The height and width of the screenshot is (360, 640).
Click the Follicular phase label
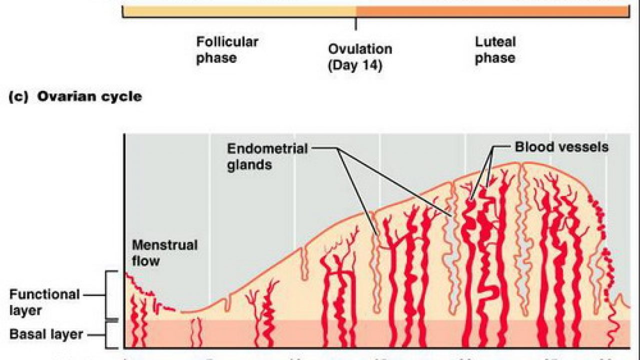pyautogui.click(x=227, y=49)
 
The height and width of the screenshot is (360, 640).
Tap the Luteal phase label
pyautogui.click(x=495, y=49)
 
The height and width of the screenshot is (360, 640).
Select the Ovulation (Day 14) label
pyautogui.click(x=359, y=57)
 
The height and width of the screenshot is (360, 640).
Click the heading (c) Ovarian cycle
pyautogui.click(x=75, y=96)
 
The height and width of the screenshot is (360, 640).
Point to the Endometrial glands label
pyautogui.click(x=267, y=156)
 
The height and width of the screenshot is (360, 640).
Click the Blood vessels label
pyautogui.click(x=561, y=147)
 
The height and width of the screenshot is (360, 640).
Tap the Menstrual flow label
pyautogui.click(x=164, y=252)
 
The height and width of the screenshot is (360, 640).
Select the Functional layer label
pyautogui.click(x=44, y=302)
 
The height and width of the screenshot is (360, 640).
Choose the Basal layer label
pyautogui.click(x=45, y=334)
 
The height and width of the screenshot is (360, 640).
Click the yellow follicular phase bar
pyautogui.click(x=239, y=11)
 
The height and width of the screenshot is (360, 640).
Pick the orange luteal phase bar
pyautogui.click(x=492, y=11)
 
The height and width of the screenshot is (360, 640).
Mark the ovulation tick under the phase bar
pyautogui.click(x=355, y=23)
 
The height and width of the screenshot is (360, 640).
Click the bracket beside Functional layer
pyautogui.click(x=107, y=295)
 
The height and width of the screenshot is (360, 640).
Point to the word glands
pyautogui.click(x=249, y=164)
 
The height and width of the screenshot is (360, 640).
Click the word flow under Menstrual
pyautogui.click(x=145, y=260)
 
